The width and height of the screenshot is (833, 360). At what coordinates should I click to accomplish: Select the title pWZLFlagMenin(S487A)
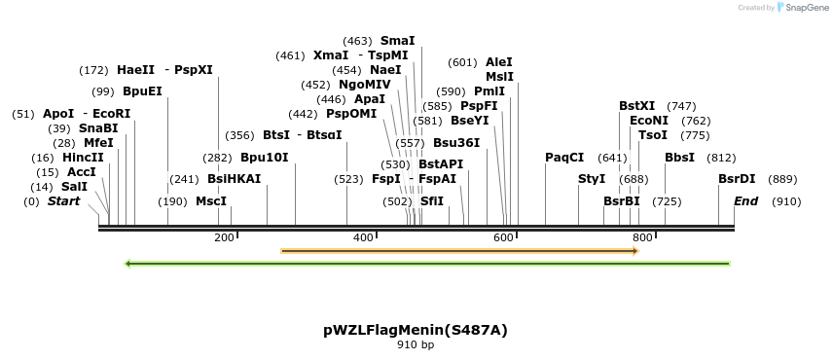(x=416, y=330)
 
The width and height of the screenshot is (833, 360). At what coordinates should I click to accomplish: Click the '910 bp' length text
(x=416, y=345)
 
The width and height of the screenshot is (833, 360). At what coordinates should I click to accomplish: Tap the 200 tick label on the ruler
(x=224, y=238)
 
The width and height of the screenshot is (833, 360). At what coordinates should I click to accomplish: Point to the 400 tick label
(x=363, y=238)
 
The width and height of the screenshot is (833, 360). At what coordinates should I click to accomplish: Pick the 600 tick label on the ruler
(x=503, y=238)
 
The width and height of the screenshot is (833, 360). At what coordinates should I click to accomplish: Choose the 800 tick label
(x=642, y=238)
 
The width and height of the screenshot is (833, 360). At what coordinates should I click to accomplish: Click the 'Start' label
(x=63, y=201)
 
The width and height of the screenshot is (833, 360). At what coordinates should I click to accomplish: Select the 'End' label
(x=745, y=201)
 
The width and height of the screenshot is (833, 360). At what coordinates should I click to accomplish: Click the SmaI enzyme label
(x=397, y=41)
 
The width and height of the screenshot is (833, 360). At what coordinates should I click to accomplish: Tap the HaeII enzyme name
(x=135, y=70)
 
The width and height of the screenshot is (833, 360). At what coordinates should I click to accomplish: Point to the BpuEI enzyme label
(x=142, y=91)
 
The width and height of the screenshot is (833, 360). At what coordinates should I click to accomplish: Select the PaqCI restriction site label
(x=564, y=158)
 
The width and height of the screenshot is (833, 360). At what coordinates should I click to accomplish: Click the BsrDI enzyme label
(x=737, y=179)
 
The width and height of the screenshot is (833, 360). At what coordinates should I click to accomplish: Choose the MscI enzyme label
(x=211, y=201)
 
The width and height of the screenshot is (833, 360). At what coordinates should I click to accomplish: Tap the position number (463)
(x=357, y=41)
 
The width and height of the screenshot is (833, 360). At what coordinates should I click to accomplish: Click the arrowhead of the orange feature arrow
(x=634, y=251)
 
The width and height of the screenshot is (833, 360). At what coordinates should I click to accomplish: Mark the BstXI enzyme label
(x=637, y=106)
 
